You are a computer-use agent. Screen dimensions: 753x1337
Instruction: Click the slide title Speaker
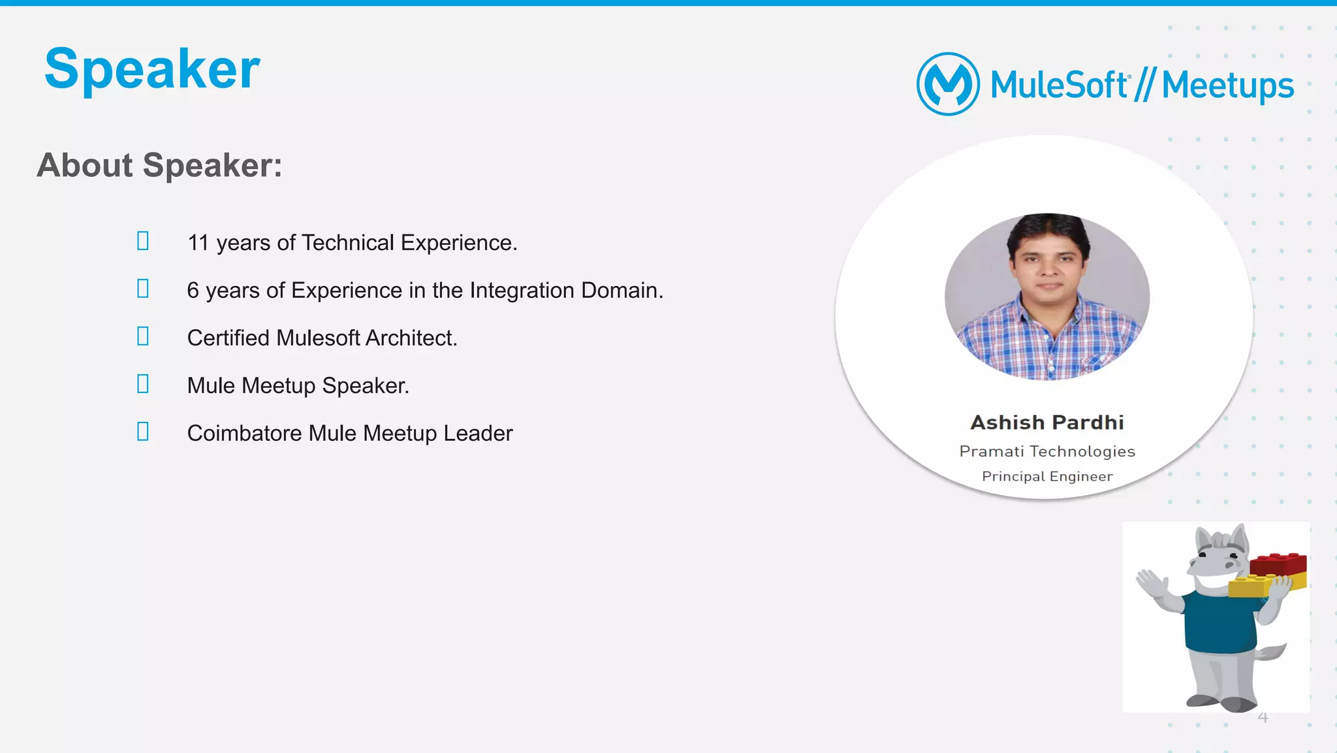(152, 69)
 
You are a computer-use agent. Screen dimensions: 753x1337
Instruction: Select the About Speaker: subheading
(159, 165)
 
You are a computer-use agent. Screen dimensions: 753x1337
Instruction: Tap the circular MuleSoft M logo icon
(948, 84)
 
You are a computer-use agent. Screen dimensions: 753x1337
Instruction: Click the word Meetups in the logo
(1227, 86)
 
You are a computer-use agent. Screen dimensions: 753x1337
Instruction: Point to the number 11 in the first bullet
(198, 243)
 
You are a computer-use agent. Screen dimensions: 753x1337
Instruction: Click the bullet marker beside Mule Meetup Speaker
(143, 384)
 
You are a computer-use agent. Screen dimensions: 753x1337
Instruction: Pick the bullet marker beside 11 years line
(143, 241)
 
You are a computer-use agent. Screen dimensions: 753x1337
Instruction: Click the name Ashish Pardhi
(1047, 423)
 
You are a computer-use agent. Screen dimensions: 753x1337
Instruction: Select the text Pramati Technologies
(1047, 451)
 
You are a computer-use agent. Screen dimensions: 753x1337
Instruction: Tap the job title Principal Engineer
(1047, 477)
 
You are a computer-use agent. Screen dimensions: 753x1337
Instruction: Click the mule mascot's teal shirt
(1218, 620)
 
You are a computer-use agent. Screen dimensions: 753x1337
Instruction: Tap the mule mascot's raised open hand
(1150, 581)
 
